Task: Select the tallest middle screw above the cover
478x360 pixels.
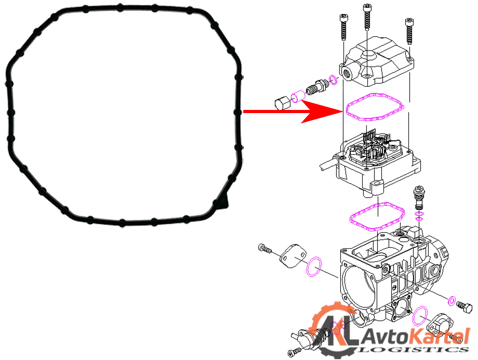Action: [x=367, y=17]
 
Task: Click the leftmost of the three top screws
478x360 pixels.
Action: [x=344, y=27]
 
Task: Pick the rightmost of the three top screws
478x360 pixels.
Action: [x=409, y=31]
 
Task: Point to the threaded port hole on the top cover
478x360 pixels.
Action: [x=346, y=75]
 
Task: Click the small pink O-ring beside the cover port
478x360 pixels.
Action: [x=333, y=80]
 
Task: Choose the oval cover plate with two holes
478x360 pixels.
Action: [x=293, y=256]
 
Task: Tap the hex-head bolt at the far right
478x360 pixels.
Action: [x=464, y=308]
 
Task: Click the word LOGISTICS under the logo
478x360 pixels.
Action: [x=413, y=350]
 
